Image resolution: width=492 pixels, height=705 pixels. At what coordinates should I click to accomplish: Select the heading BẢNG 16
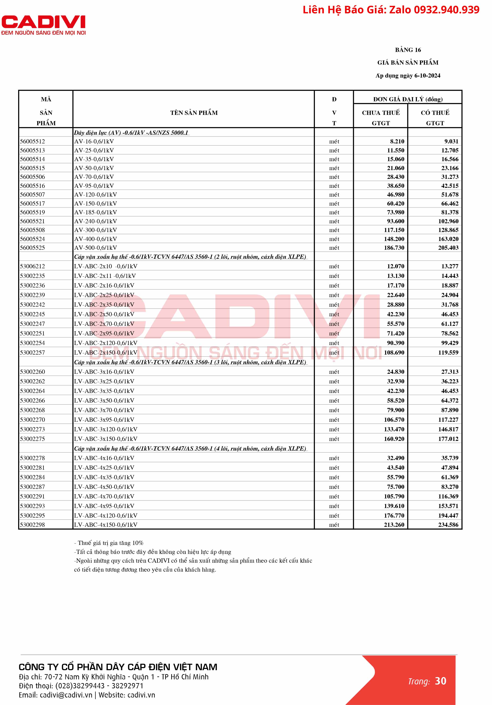coord(408,50)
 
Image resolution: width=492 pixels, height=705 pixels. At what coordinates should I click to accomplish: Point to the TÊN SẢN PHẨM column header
coord(194,113)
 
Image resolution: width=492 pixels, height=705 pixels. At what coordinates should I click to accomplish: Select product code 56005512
coord(32,142)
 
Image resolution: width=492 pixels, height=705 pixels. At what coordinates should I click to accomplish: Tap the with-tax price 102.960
coord(448,221)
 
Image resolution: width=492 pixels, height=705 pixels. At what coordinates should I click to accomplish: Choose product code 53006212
coord(32,266)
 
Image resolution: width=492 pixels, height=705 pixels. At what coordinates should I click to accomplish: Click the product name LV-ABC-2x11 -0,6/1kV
coord(105,276)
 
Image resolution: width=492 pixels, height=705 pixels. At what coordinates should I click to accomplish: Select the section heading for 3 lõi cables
coord(190,362)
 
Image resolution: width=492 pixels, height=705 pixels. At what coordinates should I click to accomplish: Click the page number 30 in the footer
coord(440,681)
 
